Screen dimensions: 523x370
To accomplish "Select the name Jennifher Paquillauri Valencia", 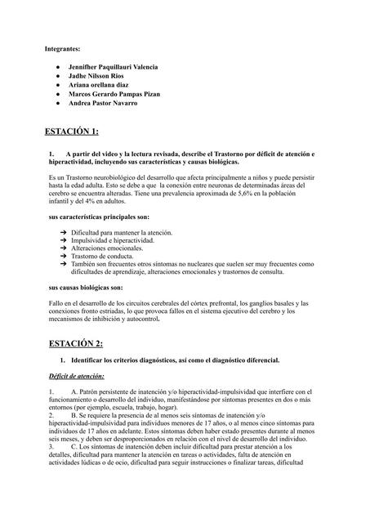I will (114, 66).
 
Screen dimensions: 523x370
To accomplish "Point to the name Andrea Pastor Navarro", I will (103, 104).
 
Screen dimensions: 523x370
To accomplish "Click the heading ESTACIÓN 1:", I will (74, 131).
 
